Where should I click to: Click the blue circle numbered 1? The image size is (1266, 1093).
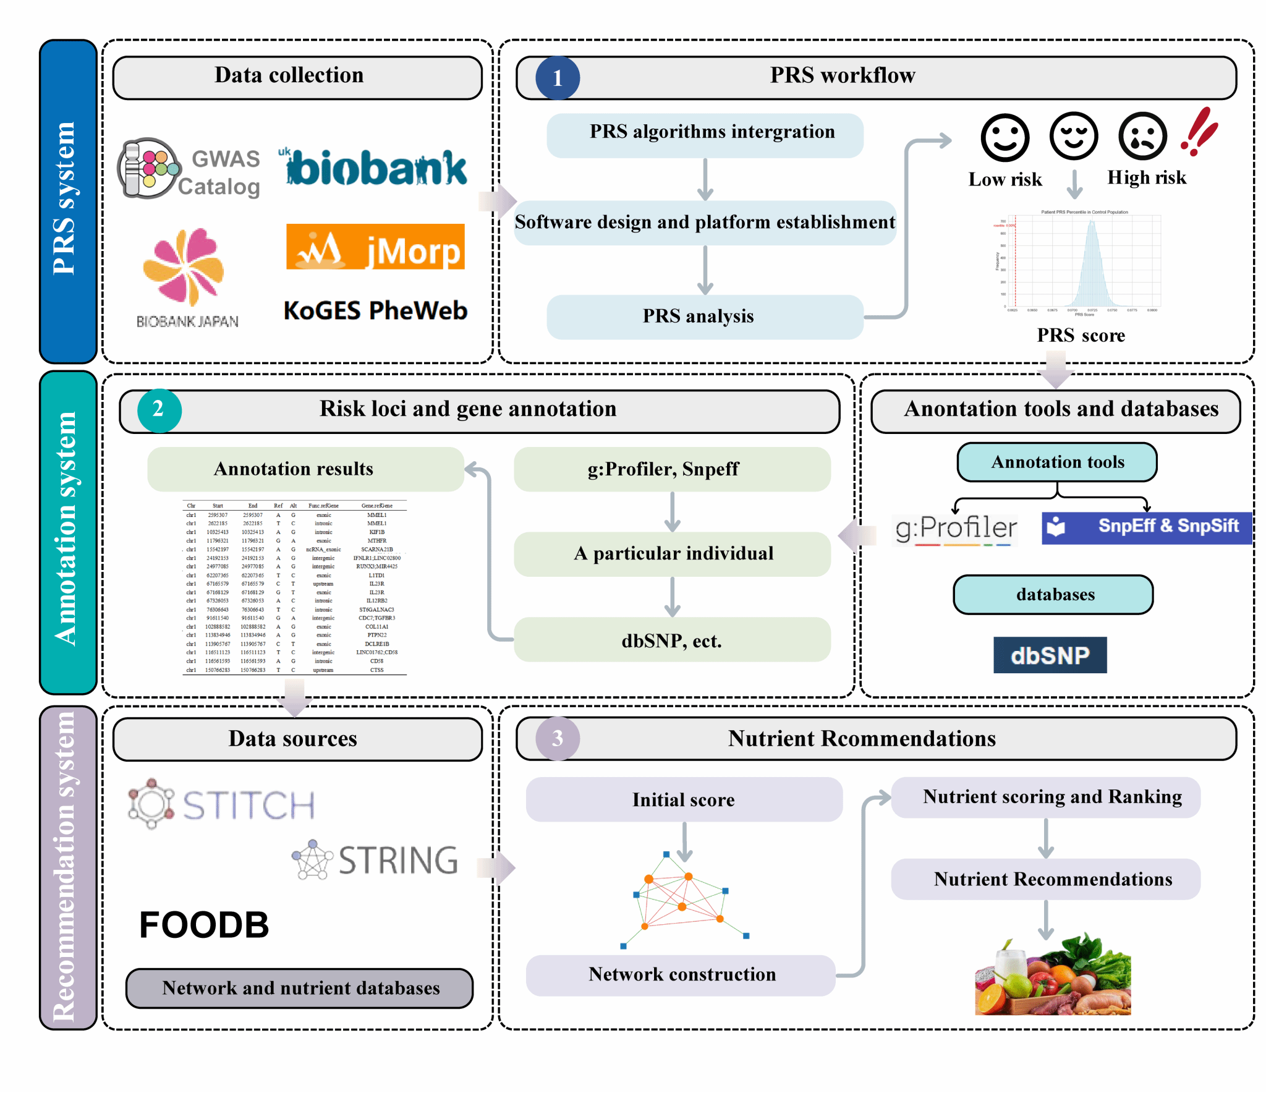pyautogui.click(x=557, y=78)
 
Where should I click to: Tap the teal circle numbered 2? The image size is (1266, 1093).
pyautogui.click(x=159, y=410)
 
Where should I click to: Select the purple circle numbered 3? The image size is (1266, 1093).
pyautogui.click(x=557, y=738)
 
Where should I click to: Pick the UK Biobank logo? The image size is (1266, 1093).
pyautogui.click(x=375, y=168)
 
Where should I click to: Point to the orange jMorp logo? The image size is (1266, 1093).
pyautogui.click(x=375, y=247)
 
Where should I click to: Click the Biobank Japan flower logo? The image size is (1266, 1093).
pyautogui.click(x=184, y=267)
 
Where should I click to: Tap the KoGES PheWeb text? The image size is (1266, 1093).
pyautogui.click(x=375, y=310)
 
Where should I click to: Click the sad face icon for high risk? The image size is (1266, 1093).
pyautogui.click(x=1142, y=137)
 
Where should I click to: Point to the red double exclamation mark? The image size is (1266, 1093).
pyautogui.click(x=1199, y=131)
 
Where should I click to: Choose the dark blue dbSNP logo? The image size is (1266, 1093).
pyautogui.click(x=1050, y=655)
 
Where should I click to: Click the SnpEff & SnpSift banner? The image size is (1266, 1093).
pyautogui.click(x=1146, y=527)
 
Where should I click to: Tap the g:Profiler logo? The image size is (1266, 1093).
pyautogui.click(x=956, y=529)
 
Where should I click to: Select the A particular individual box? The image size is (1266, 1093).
pyautogui.click(x=673, y=554)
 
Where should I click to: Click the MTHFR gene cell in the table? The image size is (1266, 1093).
pyautogui.click(x=376, y=540)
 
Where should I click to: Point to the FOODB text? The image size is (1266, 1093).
pyautogui.click(x=204, y=925)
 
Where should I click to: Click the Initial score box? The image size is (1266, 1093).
pyautogui.click(x=684, y=800)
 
